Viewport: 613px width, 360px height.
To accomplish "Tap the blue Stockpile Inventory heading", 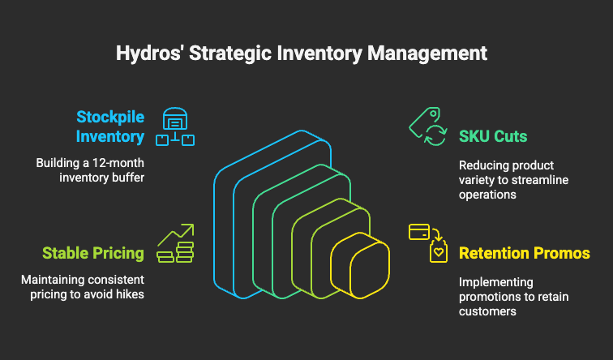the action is (x=110, y=126).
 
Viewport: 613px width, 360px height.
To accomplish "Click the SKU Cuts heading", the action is (x=493, y=136).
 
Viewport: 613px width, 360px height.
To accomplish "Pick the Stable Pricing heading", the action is (x=93, y=253).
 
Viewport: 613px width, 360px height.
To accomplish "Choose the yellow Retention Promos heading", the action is (x=525, y=253).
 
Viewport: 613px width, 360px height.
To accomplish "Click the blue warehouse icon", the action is (x=175, y=126).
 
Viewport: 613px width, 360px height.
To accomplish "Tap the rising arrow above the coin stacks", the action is (x=176, y=234).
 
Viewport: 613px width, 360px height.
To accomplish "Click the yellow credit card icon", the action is (x=419, y=232).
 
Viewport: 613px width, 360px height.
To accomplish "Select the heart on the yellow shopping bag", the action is (x=439, y=252).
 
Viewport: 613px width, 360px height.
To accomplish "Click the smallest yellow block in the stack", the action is (x=360, y=265).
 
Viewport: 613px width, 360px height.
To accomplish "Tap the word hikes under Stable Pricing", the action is (x=131, y=294).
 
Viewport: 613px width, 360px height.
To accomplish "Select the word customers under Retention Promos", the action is (x=487, y=311).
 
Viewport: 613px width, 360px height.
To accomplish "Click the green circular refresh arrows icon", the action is (x=435, y=135).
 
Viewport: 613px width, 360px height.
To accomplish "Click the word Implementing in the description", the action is (x=495, y=282).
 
